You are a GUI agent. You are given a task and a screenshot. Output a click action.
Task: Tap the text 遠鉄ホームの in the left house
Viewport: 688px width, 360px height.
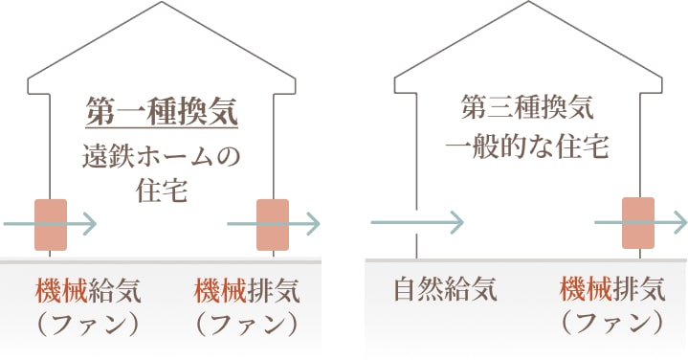(x=161, y=153)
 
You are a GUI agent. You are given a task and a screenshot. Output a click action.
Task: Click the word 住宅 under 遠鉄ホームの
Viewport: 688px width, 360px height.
(x=161, y=190)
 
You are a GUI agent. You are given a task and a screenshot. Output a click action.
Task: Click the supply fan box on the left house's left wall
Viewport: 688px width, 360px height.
(x=51, y=226)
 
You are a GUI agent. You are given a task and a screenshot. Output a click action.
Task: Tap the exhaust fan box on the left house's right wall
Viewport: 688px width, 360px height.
(x=273, y=226)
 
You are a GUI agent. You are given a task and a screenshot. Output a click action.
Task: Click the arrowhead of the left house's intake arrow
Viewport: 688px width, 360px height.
(x=90, y=225)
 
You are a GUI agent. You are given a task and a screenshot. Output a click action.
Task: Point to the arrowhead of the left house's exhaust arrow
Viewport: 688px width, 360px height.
(x=313, y=225)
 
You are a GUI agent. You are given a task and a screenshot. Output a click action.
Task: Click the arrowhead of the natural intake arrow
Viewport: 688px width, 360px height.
(x=456, y=224)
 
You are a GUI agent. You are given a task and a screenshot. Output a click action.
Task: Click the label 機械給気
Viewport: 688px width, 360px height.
(x=80, y=289)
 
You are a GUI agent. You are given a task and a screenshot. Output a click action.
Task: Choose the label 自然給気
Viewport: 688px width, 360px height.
(x=446, y=288)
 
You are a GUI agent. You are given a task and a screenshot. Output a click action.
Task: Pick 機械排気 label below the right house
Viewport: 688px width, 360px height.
(x=612, y=288)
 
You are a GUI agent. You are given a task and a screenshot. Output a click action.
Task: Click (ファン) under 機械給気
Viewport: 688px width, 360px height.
(x=80, y=323)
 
